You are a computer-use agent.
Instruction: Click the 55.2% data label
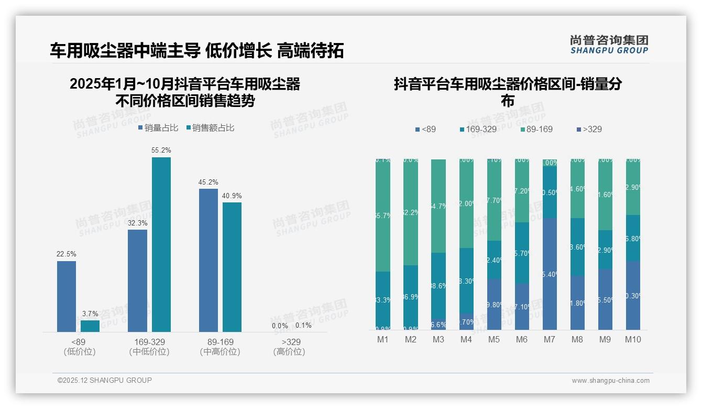[x=161, y=150]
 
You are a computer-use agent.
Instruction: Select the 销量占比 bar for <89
[x=67, y=296]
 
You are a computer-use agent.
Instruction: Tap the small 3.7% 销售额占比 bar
[x=90, y=326]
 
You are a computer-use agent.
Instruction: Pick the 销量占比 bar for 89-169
[x=209, y=260]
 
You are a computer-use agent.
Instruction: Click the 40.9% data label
[x=232, y=196]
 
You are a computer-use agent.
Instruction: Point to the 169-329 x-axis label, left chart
[x=149, y=342]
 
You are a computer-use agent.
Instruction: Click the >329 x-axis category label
[x=289, y=342]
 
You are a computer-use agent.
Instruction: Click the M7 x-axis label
[x=549, y=339]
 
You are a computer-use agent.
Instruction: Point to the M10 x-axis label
[x=633, y=339]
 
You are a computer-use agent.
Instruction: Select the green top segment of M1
[x=383, y=215]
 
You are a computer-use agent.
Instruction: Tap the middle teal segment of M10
[x=633, y=238]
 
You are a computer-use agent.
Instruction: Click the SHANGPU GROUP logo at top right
[x=609, y=45]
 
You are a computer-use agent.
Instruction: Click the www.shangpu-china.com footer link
[x=610, y=381]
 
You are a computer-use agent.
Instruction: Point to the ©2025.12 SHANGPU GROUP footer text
[x=105, y=380]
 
